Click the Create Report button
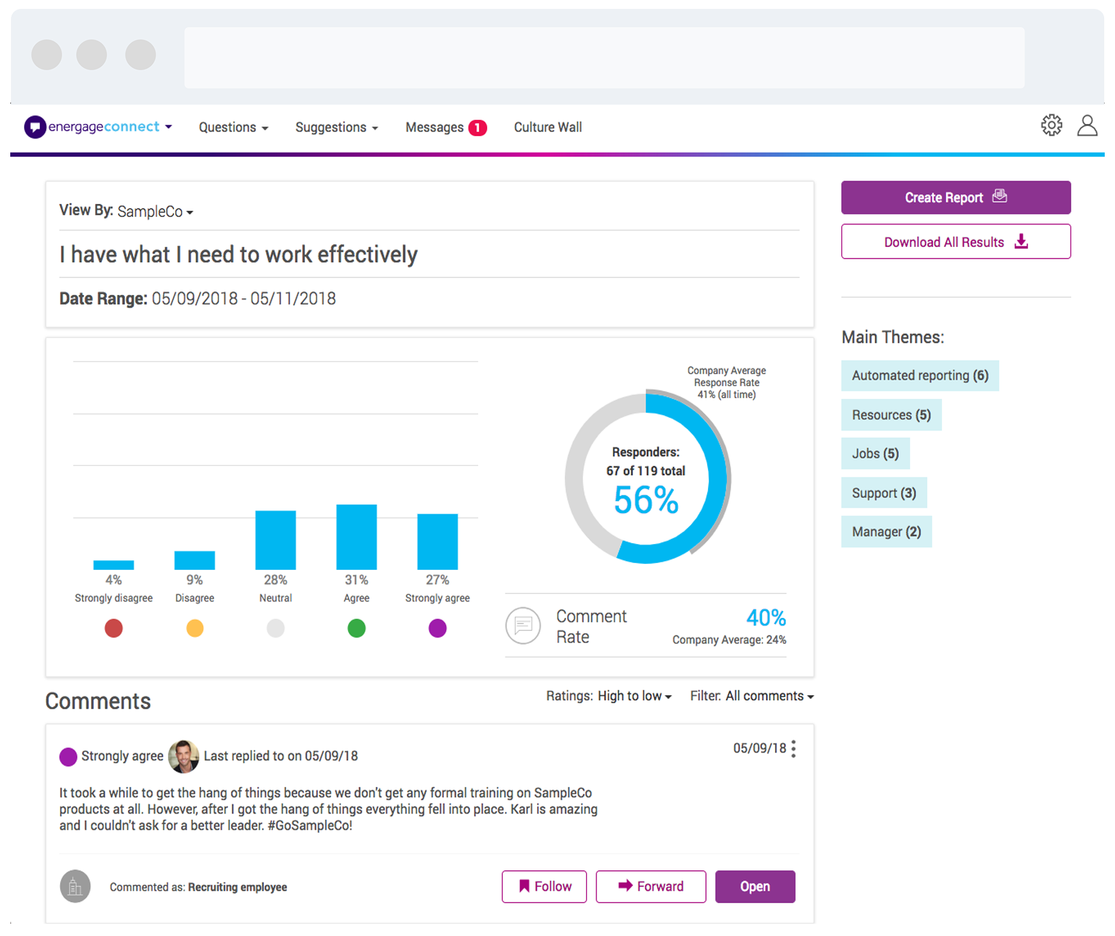(955, 198)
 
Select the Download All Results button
(955, 242)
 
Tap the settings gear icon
(1051, 125)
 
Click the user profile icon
(1087, 126)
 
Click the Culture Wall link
(547, 127)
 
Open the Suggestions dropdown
(336, 127)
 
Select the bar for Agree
(356, 537)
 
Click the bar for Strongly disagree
(114, 564)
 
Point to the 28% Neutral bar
(276, 540)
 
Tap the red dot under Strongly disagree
(114, 628)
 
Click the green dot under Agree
(356, 628)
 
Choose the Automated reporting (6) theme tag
(919, 376)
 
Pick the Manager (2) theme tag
(886, 532)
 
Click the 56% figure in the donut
(646, 500)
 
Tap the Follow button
(544, 887)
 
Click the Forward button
(651, 887)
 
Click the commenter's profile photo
(183, 756)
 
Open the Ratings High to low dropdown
(608, 696)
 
